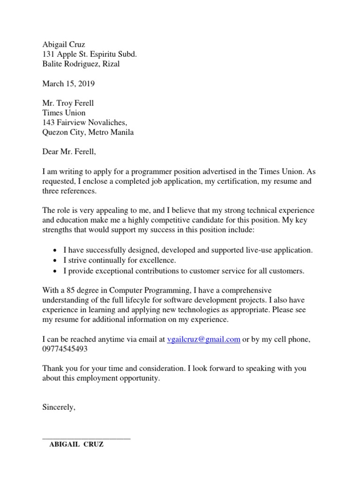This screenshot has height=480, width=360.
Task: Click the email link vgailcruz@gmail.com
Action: point(203,340)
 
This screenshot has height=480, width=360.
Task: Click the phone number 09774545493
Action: point(65,350)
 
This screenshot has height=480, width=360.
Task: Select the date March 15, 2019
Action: point(68,84)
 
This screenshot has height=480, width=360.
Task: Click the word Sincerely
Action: point(59,407)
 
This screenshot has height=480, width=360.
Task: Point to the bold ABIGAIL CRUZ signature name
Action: point(76,445)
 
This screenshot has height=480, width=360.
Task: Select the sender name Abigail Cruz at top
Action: point(64,45)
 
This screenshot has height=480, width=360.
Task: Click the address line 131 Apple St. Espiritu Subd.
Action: point(90,54)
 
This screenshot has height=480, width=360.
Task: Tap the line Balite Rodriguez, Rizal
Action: point(81,64)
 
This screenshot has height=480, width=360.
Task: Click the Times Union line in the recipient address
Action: point(64,113)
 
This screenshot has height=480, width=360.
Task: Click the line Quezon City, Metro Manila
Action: point(88,132)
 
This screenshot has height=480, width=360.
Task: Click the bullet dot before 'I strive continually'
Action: point(56,261)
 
